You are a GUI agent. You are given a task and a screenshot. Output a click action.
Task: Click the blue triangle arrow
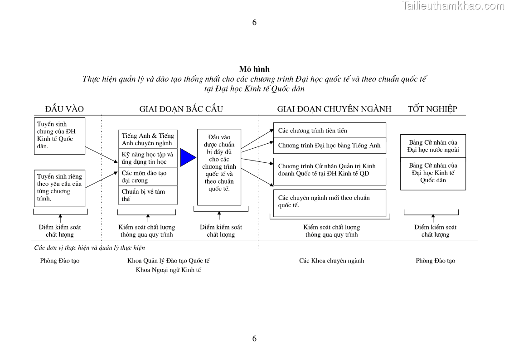187,157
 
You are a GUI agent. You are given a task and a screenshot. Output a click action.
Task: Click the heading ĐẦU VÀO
64,109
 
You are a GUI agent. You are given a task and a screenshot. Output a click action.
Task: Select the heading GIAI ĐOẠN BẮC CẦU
181,109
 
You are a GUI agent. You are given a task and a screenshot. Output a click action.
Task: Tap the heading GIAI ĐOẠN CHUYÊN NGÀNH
334,109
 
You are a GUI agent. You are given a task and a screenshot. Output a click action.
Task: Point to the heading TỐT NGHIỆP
432,109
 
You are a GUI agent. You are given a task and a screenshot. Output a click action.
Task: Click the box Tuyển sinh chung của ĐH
59,136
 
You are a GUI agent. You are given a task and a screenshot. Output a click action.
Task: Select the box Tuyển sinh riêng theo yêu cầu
59,188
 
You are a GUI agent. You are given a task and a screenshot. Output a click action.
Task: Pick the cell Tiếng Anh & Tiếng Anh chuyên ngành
148,139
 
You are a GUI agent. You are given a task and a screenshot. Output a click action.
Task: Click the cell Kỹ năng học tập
148,158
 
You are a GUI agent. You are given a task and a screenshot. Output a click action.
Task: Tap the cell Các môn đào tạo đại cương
148,176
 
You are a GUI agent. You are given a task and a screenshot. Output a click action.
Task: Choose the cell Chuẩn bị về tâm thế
148,195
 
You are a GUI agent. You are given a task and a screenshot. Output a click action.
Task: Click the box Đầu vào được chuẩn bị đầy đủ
219,167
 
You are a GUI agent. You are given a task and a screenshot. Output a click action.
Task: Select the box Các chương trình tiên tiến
330,130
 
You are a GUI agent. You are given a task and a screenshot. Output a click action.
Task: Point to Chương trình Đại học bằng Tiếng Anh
330,146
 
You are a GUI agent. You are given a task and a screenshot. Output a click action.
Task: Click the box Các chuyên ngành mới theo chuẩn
330,203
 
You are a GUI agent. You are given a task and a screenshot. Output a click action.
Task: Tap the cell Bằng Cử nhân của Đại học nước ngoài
433,146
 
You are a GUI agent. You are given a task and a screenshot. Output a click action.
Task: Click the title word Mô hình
254,69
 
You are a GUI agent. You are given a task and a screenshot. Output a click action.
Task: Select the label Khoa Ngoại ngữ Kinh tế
169,270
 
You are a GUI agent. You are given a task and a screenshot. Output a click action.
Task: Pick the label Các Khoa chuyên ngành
331,261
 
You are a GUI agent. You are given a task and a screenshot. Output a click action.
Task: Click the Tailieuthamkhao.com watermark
452,6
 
